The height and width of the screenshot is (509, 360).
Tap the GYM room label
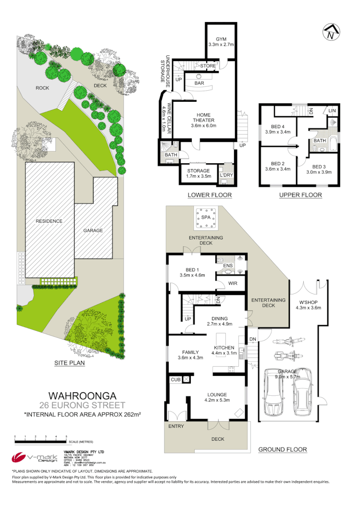pyautogui.click(x=221, y=38)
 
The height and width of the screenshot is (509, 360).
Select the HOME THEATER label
pyautogui.click(x=204, y=120)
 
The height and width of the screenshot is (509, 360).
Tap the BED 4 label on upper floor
pyautogui.click(x=275, y=127)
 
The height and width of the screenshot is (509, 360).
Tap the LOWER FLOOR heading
pyautogui.click(x=210, y=195)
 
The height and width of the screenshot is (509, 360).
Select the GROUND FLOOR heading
pyautogui.click(x=282, y=449)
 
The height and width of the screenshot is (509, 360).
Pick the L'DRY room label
pyautogui.click(x=226, y=175)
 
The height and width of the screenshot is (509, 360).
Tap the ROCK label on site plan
pyautogui.click(x=42, y=88)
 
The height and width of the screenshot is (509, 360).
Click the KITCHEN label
pyautogui.click(x=224, y=348)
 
